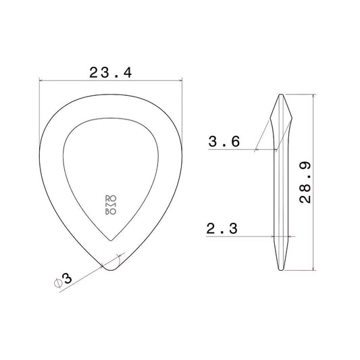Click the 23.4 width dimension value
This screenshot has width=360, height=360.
(111, 72)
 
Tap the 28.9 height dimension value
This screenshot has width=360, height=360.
(305, 183)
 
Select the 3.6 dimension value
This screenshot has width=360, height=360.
(224, 141)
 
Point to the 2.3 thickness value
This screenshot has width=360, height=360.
(222, 228)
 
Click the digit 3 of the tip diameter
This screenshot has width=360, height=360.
(67, 278)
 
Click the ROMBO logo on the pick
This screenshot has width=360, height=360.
(111, 205)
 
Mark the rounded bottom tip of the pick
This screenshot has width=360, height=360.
(111, 270)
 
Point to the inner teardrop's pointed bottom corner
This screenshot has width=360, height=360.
(111, 240)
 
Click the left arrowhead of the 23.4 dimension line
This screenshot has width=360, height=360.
(41, 80)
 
